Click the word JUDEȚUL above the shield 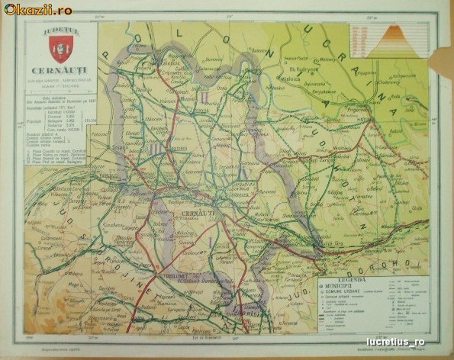click(60, 31)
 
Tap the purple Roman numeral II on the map click(204, 97)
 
